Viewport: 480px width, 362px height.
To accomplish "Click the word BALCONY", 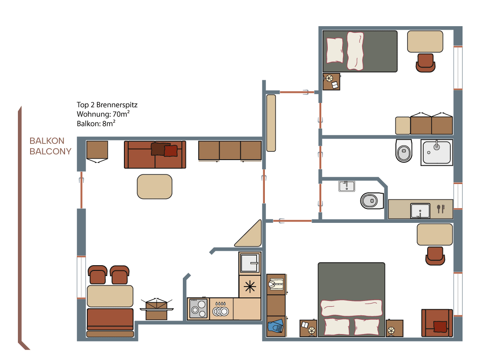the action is point(50,151).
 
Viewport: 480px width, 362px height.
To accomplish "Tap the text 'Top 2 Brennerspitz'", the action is point(107,105).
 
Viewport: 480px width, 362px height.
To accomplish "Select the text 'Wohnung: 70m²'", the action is point(103,114).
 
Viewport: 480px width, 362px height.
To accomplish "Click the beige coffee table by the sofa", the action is point(154,187).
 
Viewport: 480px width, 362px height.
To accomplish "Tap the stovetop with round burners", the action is point(199,309).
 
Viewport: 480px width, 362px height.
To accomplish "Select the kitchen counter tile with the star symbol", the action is point(250,287).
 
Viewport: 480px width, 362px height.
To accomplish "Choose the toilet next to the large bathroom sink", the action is point(404,150).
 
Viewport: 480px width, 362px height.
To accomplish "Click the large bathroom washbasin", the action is point(437,152).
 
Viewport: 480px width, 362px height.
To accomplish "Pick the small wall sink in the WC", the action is point(347,186).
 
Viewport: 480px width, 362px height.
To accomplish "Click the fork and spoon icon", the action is point(441,208).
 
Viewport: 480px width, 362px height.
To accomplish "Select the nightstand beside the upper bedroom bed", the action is point(332,82).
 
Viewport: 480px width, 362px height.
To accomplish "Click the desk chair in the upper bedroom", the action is point(425,63).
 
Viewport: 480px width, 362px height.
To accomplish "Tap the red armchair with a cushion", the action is point(437,323).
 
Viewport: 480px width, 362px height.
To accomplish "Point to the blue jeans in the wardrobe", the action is point(276,326).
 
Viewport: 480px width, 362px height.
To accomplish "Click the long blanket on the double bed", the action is point(351,308).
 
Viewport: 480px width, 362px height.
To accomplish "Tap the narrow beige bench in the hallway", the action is point(271,123).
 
